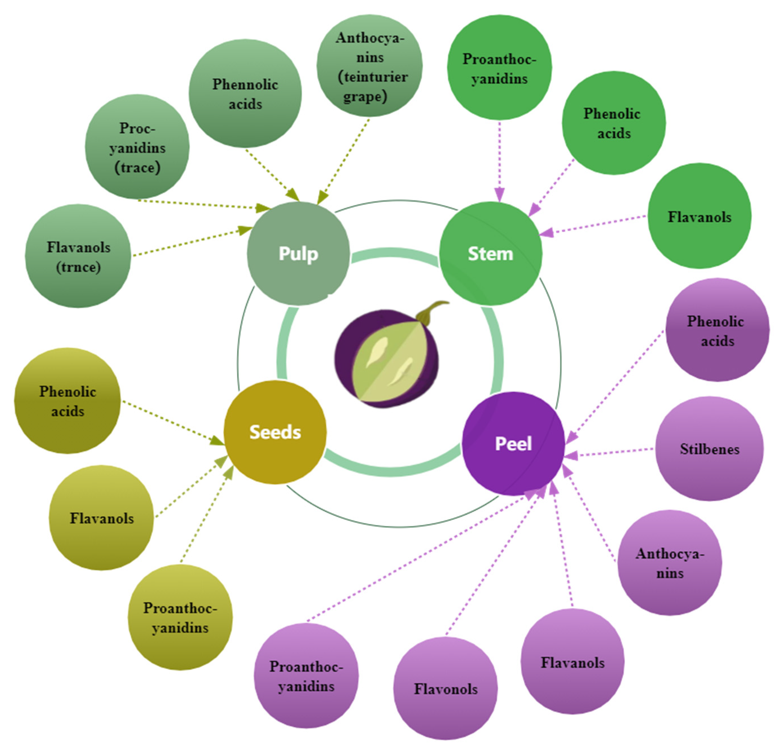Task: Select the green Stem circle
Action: [490, 254]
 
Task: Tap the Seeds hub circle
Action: [275, 432]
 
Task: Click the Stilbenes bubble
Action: [709, 449]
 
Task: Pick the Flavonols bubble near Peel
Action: [445, 689]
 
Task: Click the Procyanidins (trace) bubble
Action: [137, 147]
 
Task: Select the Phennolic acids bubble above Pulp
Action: [245, 94]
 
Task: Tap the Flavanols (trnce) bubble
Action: [78, 256]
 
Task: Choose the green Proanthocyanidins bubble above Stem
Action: [499, 68]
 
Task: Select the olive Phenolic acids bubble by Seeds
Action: [67, 401]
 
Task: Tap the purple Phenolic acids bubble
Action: [717, 330]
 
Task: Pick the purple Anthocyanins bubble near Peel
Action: [669, 563]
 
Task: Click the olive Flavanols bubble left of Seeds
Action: [101, 518]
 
